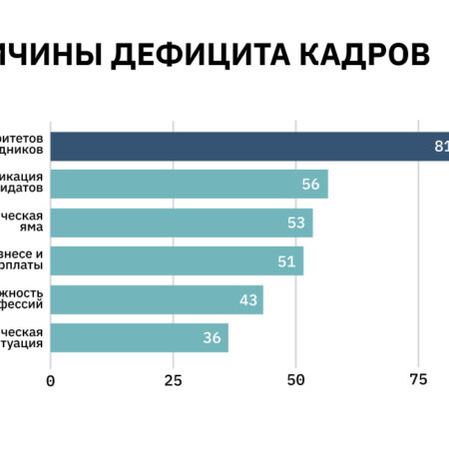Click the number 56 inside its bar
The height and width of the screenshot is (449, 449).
coord(310,185)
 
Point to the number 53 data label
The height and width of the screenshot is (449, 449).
coord(296,223)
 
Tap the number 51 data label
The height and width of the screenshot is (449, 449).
coord(286,261)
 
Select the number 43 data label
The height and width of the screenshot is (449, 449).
coord(247,299)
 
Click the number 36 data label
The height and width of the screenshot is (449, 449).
coord(212,337)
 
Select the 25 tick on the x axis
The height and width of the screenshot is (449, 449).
coord(173,379)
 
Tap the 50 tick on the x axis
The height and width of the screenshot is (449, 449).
coord(295,379)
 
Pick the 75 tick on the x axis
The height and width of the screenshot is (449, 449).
coord(418,379)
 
